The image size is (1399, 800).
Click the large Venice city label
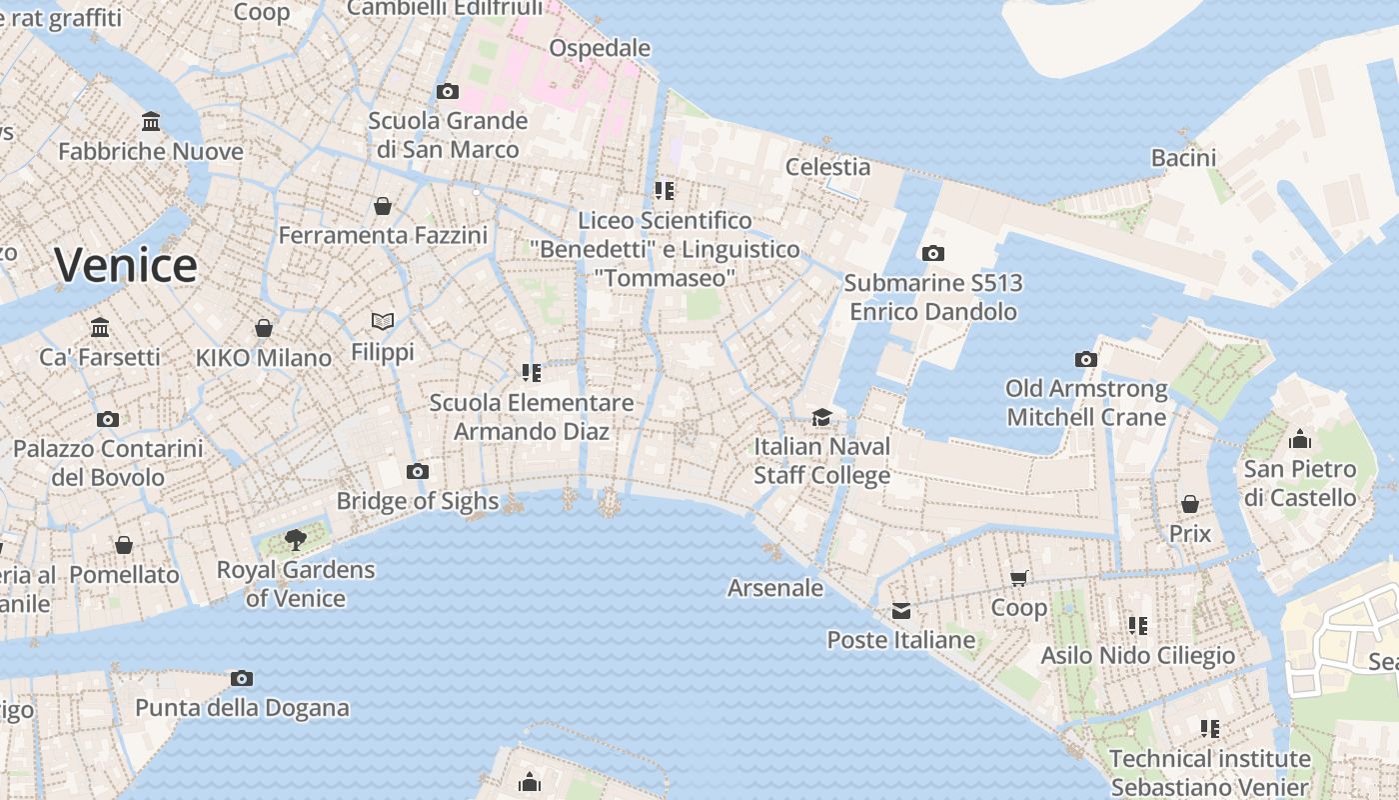126,265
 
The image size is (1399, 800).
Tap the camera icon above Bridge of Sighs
418,471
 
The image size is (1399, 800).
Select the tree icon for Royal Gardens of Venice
295,541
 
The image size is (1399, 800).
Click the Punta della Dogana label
242,708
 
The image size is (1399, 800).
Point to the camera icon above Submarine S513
932,253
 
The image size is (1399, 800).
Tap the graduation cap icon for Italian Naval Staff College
821,417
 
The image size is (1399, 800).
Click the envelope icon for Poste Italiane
901,611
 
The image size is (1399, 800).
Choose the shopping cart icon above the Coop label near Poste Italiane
1019,578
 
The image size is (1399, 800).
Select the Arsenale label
775,588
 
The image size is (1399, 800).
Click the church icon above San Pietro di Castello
1299,439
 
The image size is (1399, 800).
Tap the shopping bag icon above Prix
1189,504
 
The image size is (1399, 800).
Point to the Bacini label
1183,157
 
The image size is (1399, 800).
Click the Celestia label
827,166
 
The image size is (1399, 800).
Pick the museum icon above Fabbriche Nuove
151,122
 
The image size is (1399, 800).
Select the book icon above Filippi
383,321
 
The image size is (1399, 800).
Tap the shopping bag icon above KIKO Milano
264,328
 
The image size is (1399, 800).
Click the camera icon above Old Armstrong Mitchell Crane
1086,359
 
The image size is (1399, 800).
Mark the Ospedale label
600,48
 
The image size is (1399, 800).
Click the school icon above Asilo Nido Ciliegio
1138,626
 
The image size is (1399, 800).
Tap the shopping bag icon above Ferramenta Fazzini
383,206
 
